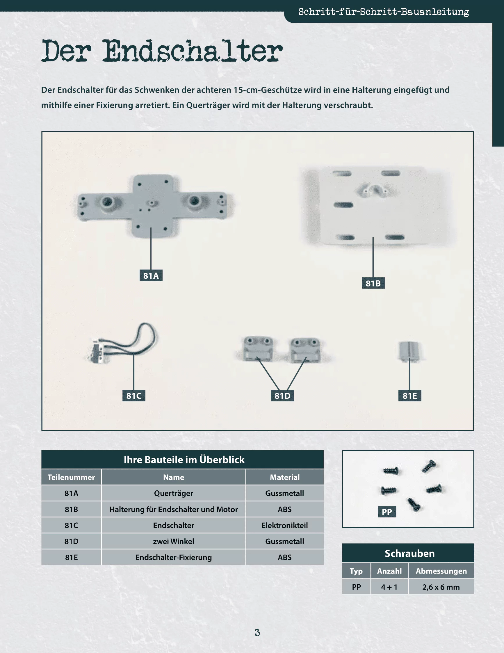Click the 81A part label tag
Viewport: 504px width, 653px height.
[151, 275]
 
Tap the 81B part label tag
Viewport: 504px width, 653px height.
[373, 283]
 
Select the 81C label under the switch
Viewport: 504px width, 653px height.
[133, 396]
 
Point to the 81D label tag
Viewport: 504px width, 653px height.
[282, 396]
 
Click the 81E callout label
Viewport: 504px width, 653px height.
[410, 396]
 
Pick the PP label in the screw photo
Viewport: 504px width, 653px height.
[387, 512]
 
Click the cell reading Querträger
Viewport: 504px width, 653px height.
[174, 493]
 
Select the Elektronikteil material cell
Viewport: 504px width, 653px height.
[285, 525]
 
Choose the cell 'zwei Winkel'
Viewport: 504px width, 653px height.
[174, 541]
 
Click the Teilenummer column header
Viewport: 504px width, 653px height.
[71, 477]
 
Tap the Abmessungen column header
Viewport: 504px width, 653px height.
[441, 571]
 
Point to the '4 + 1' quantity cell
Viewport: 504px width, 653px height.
[389, 587]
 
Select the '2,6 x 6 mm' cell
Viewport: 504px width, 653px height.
[441, 587]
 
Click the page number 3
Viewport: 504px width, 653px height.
[257, 632]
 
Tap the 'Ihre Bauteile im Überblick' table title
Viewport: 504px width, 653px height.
[184, 460]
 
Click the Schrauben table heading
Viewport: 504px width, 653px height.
[409, 554]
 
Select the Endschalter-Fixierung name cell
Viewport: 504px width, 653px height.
[174, 557]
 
